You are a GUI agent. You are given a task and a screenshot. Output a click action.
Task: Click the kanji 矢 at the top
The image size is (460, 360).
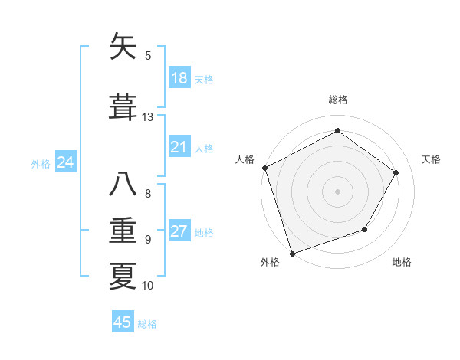click(x=123, y=47)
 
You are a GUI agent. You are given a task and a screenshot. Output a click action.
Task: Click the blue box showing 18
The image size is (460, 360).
click(x=179, y=78)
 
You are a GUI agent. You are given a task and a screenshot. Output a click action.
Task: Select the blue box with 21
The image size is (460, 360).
click(x=179, y=147)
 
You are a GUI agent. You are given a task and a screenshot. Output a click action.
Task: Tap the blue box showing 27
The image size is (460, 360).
click(x=179, y=232)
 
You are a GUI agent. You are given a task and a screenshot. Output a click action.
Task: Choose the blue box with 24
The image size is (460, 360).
click(x=66, y=162)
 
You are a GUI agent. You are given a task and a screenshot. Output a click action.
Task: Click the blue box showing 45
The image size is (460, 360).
click(x=123, y=322)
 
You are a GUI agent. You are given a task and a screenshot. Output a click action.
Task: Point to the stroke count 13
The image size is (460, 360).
click(x=148, y=117)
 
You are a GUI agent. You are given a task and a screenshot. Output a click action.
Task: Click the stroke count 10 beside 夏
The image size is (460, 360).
click(x=148, y=286)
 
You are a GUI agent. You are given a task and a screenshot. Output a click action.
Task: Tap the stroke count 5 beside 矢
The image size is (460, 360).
click(x=148, y=55)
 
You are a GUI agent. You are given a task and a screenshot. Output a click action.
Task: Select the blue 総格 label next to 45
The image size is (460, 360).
click(x=147, y=324)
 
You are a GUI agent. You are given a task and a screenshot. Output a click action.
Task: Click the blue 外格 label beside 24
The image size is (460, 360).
click(x=40, y=163)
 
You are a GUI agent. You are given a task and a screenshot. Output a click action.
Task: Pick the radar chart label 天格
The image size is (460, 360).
click(x=431, y=159)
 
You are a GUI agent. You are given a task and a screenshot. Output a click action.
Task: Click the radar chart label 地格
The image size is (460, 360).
click(x=402, y=262)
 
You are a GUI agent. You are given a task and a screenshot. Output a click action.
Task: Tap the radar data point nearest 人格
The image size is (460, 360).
click(x=265, y=168)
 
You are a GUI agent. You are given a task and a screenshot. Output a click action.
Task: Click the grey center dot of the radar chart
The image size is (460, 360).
click(x=337, y=191)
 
